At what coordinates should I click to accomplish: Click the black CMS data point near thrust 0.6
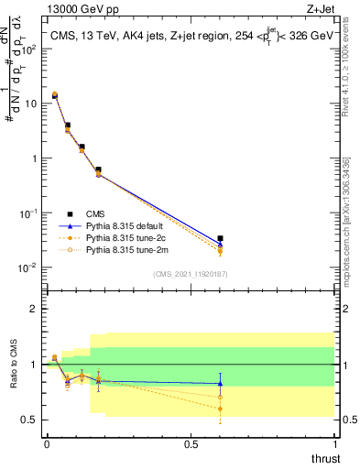click(x=220, y=239)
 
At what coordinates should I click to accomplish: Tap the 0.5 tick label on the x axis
click(x=191, y=443)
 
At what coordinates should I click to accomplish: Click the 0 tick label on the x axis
click(x=47, y=443)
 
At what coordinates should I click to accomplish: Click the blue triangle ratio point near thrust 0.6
click(x=220, y=384)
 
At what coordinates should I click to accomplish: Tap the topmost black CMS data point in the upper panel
click(x=55, y=95)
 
